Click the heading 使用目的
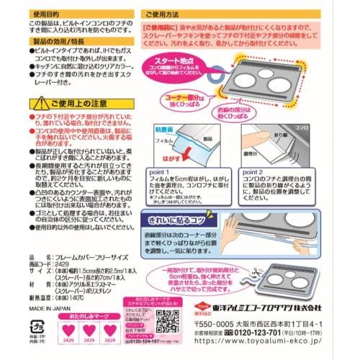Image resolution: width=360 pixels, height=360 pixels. click(45, 12)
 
